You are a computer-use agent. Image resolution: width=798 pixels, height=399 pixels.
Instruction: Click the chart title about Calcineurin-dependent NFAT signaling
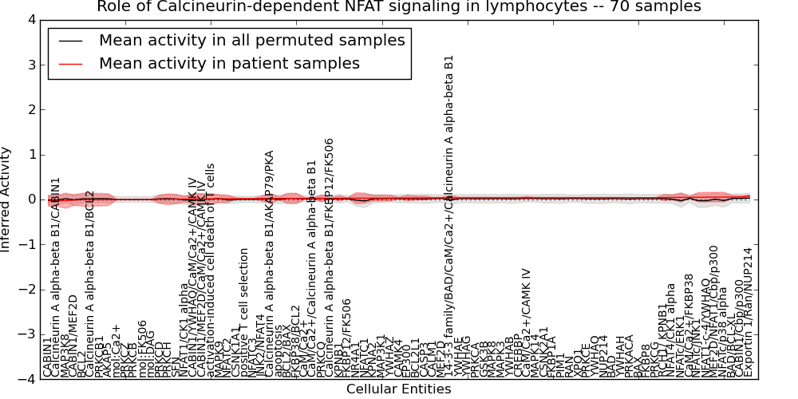click(399, 7)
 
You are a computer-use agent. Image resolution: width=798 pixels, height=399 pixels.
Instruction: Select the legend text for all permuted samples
click(251, 40)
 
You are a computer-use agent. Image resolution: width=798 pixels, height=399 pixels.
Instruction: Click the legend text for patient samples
click(229, 63)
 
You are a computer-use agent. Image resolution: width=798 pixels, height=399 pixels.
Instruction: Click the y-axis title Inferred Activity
click(7, 199)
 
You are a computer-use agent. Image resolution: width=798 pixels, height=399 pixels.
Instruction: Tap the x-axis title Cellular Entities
click(398, 389)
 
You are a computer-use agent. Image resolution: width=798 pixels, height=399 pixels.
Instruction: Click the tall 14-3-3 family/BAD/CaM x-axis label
click(449, 215)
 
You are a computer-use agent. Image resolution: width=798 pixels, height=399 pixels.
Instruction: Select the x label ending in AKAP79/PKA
click(270, 263)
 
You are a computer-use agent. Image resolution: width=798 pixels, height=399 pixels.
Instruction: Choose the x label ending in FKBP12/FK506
click(329, 255)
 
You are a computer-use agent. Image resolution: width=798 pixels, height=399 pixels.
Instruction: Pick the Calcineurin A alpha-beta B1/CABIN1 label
click(55, 275)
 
